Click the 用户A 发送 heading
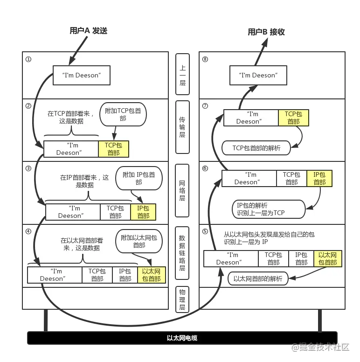(x=89, y=30)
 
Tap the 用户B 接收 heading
(x=266, y=32)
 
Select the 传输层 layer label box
(x=182, y=127)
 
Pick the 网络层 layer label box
(x=182, y=191)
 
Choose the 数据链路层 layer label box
(x=182, y=253)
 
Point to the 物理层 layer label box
(x=182, y=299)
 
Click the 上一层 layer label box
(x=182, y=74)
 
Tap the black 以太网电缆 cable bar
(x=182, y=338)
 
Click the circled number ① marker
(x=28, y=59)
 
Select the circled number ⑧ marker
(x=205, y=59)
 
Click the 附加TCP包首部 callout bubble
(x=123, y=114)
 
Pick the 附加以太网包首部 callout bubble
(x=139, y=241)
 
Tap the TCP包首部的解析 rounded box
(x=256, y=148)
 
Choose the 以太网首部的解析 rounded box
(x=258, y=278)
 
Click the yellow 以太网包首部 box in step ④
(x=152, y=275)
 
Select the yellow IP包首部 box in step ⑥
(x=319, y=179)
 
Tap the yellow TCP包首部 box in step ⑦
(x=293, y=118)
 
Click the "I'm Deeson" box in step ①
(x=82, y=75)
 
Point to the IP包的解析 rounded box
(x=269, y=209)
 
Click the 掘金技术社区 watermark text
(x=321, y=347)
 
